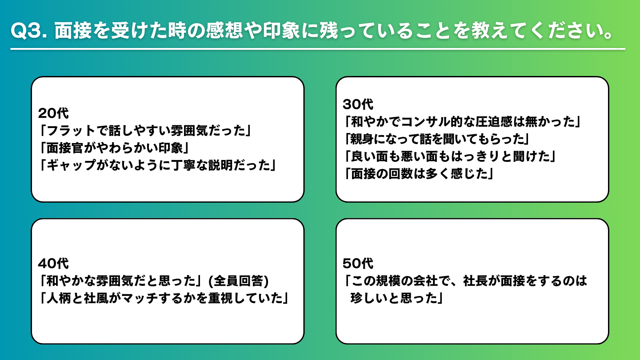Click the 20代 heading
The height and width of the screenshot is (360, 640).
[53, 113]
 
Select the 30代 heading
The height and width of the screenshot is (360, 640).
[358, 104]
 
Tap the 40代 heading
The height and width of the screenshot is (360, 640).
[53, 264]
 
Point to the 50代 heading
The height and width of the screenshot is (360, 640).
[358, 264]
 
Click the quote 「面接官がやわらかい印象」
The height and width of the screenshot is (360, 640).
[115, 148]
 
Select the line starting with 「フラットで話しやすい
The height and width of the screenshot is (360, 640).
[146, 131]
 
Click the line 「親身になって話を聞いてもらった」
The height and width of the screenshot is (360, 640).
[437, 139]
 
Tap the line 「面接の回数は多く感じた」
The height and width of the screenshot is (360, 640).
[420, 174]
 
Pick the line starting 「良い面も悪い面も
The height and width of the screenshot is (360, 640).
[450, 156]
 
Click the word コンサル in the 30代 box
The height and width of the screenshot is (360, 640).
[426, 122]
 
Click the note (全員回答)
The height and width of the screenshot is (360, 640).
[239, 281]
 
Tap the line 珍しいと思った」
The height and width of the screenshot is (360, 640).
[397, 298]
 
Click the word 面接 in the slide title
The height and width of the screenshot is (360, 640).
[73, 30]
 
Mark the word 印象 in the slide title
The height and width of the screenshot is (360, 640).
[281, 30]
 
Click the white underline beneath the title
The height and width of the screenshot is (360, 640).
[318, 49]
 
